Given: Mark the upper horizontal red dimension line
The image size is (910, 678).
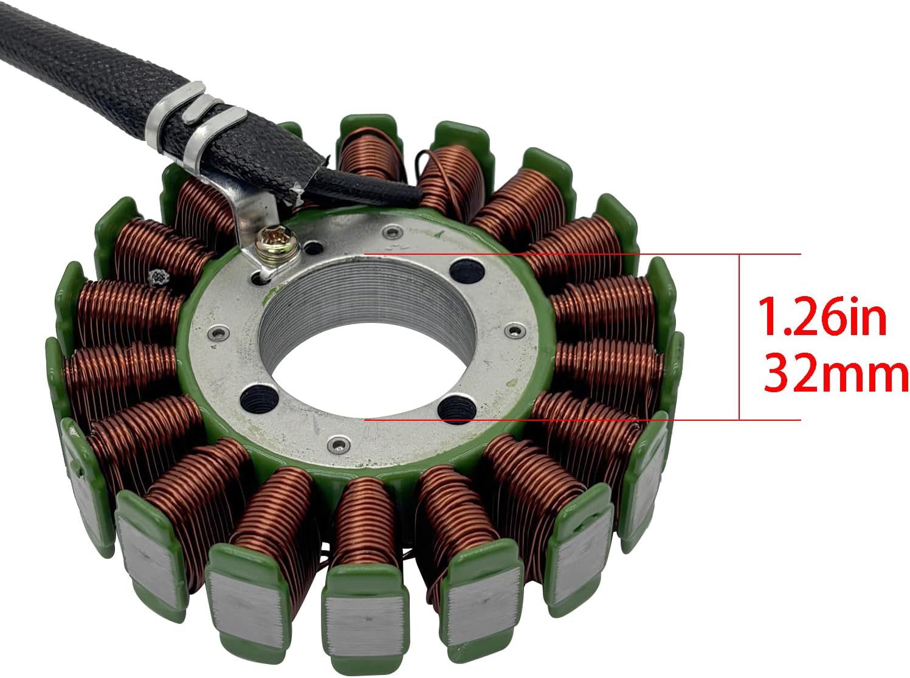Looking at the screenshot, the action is click(582, 254).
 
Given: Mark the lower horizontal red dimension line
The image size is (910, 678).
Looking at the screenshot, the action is click(582, 420).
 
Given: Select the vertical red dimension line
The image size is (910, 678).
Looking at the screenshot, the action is click(739, 337).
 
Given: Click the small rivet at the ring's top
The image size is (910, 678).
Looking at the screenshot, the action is click(393, 233).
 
